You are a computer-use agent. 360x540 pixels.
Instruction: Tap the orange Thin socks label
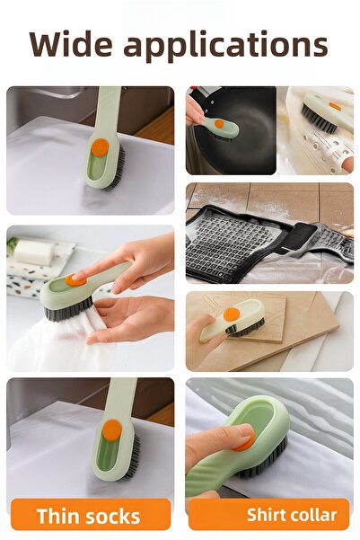[88, 516]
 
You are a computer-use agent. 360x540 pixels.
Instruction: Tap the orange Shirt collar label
[268, 515]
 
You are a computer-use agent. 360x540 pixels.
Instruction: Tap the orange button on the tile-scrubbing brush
[232, 314]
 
